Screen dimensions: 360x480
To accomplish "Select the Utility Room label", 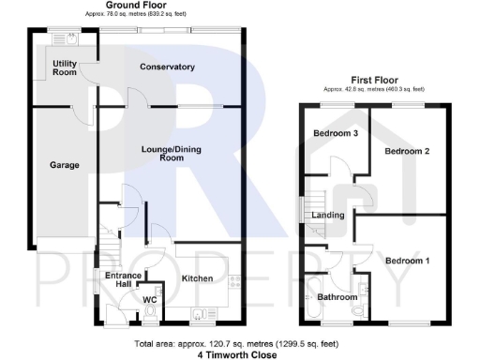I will click(65, 67).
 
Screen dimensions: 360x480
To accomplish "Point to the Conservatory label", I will click(167, 67).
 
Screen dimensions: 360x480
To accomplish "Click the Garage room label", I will click(65, 165).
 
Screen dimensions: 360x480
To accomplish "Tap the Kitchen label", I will click(198, 278).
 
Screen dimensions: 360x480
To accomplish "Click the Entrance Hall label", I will click(123, 280).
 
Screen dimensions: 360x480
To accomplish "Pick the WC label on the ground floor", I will click(148, 300).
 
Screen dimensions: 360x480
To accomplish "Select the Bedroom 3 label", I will click(335, 133).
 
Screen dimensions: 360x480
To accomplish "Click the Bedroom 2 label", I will click(407, 151).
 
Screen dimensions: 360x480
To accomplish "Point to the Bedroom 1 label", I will click(407, 260).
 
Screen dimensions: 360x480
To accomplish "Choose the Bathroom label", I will click(337, 296).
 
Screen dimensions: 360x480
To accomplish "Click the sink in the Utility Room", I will click(69, 39).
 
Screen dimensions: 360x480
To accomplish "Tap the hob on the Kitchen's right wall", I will click(234, 278).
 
